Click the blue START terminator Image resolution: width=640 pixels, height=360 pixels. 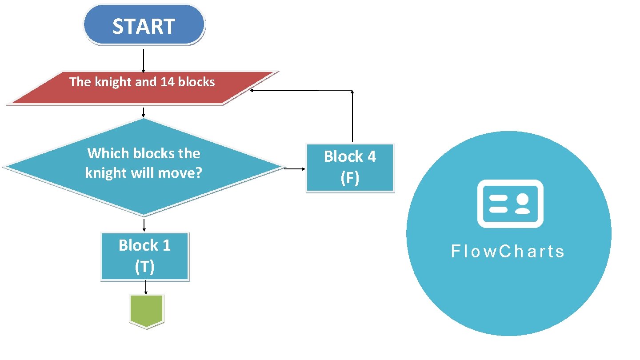(x=144, y=25)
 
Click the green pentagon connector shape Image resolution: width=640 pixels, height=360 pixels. (x=147, y=311)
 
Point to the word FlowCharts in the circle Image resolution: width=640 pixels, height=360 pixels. (x=508, y=252)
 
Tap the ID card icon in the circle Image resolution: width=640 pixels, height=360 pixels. (x=510, y=204)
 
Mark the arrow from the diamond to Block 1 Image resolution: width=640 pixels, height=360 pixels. (x=144, y=224)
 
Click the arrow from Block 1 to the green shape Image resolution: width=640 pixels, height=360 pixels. (x=146, y=287)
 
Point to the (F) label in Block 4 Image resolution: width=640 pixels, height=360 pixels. (x=350, y=178)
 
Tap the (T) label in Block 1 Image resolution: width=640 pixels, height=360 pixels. (x=144, y=267)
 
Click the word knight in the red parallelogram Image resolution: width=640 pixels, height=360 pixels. (x=113, y=82)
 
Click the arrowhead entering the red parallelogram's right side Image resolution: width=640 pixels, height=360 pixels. (x=252, y=91)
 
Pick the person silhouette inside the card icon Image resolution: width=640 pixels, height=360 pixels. (x=523, y=204)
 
